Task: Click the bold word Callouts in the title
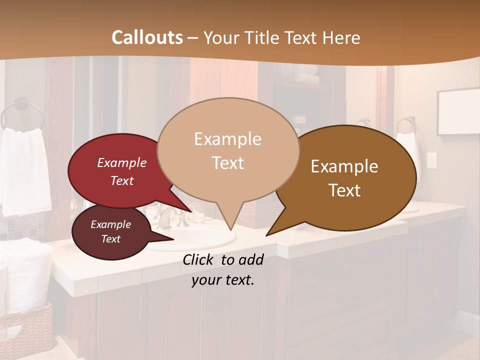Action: point(147,37)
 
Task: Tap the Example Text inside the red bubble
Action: point(122,171)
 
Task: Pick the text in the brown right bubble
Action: point(344,178)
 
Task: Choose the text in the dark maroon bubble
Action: point(110,231)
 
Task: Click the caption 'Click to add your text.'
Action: point(222,269)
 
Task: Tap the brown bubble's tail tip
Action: point(267,235)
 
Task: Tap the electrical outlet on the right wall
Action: point(431,161)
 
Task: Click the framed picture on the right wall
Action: point(457,112)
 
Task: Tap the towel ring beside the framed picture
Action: point(406,124)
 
